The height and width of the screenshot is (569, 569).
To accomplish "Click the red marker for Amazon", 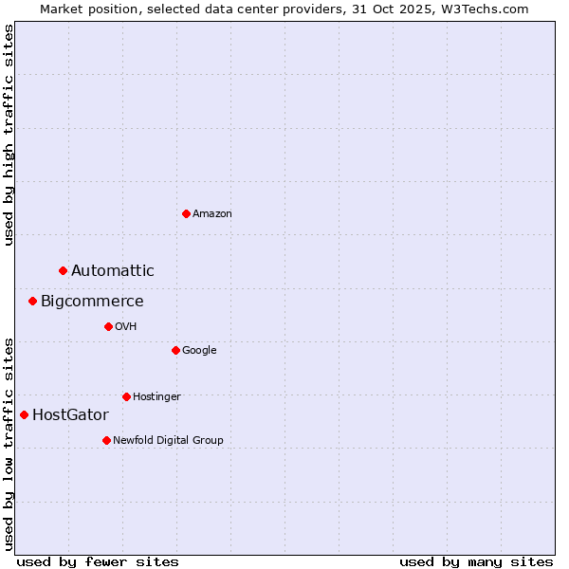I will pos(186,213).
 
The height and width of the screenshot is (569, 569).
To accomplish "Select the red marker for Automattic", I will pos(64,271).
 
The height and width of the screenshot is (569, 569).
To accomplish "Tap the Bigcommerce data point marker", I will pos(32,302).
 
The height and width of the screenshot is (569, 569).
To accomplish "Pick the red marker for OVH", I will pos(108,326).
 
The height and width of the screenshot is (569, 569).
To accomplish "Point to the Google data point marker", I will pos(175,350).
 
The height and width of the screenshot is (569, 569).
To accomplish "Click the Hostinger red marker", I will pos(126,396).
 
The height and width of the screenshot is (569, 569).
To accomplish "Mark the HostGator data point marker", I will pos(24,414).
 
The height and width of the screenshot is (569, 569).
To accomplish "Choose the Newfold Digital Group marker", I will pos(106,440).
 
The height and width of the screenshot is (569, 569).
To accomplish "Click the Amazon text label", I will pos(212,214).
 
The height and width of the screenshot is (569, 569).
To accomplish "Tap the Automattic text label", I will pos(112,271).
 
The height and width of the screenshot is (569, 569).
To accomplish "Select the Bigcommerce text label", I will pos(92,302).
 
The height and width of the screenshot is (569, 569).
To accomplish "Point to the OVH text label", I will pos(126,327).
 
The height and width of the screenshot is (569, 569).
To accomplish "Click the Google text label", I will pos(199,351).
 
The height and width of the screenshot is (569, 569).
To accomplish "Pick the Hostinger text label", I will pos(156,397).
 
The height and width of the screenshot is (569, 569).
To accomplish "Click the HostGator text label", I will pos(70,415).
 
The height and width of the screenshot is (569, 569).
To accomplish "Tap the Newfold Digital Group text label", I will pos(168,440).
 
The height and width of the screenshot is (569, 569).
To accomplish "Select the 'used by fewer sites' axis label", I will pos(98,561).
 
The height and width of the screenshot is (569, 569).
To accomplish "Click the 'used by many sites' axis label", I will pos(476,561).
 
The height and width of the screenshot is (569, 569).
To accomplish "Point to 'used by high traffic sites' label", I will pos(9,135).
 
